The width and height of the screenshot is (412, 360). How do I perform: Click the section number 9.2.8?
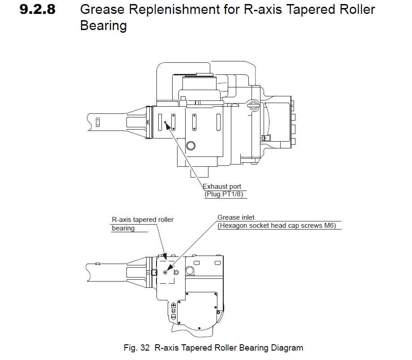coord(38,9)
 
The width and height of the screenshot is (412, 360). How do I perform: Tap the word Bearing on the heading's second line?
coord(103,26)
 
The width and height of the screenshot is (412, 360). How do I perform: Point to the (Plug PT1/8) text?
coord(226,195)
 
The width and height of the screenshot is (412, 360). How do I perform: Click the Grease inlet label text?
coord(236,217)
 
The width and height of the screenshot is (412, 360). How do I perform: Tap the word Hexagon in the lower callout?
coord(232,226)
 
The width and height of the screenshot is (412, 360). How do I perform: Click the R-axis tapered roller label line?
coord(142,220)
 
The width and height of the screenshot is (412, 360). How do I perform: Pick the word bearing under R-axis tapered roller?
coord(123,228)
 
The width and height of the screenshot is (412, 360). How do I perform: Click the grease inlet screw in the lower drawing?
coord(165,272)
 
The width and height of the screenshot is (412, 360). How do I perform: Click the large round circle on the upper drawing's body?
coord(191,145)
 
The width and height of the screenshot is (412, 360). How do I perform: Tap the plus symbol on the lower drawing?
coord(173,305)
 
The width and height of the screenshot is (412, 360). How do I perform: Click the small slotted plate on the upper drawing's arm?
coord(97,121)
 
